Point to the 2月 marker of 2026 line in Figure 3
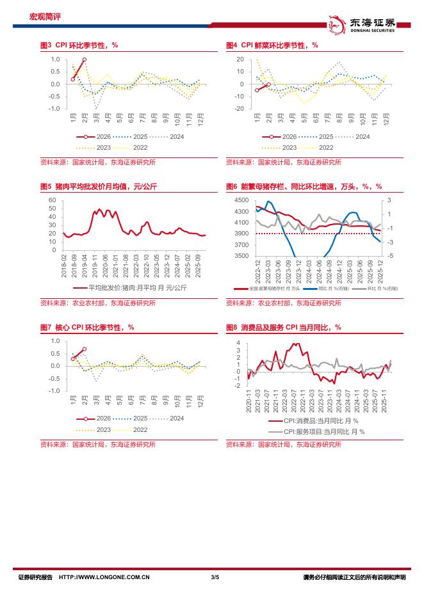[85, 60]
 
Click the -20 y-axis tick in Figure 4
[240, 109]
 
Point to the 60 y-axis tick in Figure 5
[53, 200]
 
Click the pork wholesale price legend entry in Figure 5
[131, 288]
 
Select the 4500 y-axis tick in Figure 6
[242, 200]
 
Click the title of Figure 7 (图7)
[86, 327]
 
